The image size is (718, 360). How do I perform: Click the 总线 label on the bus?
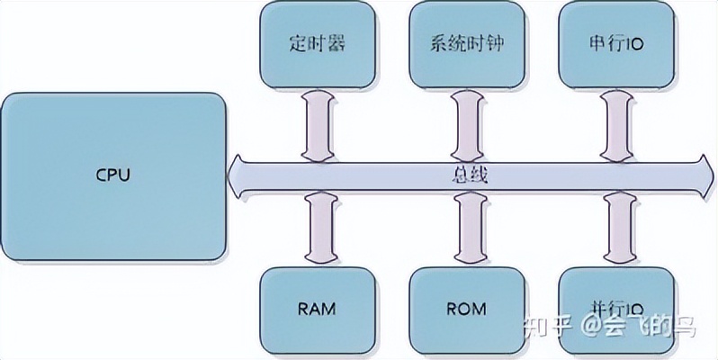pyautogui.click(x=467, y=175)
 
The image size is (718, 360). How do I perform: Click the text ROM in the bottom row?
pyautogui.click(x=465, y=310)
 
